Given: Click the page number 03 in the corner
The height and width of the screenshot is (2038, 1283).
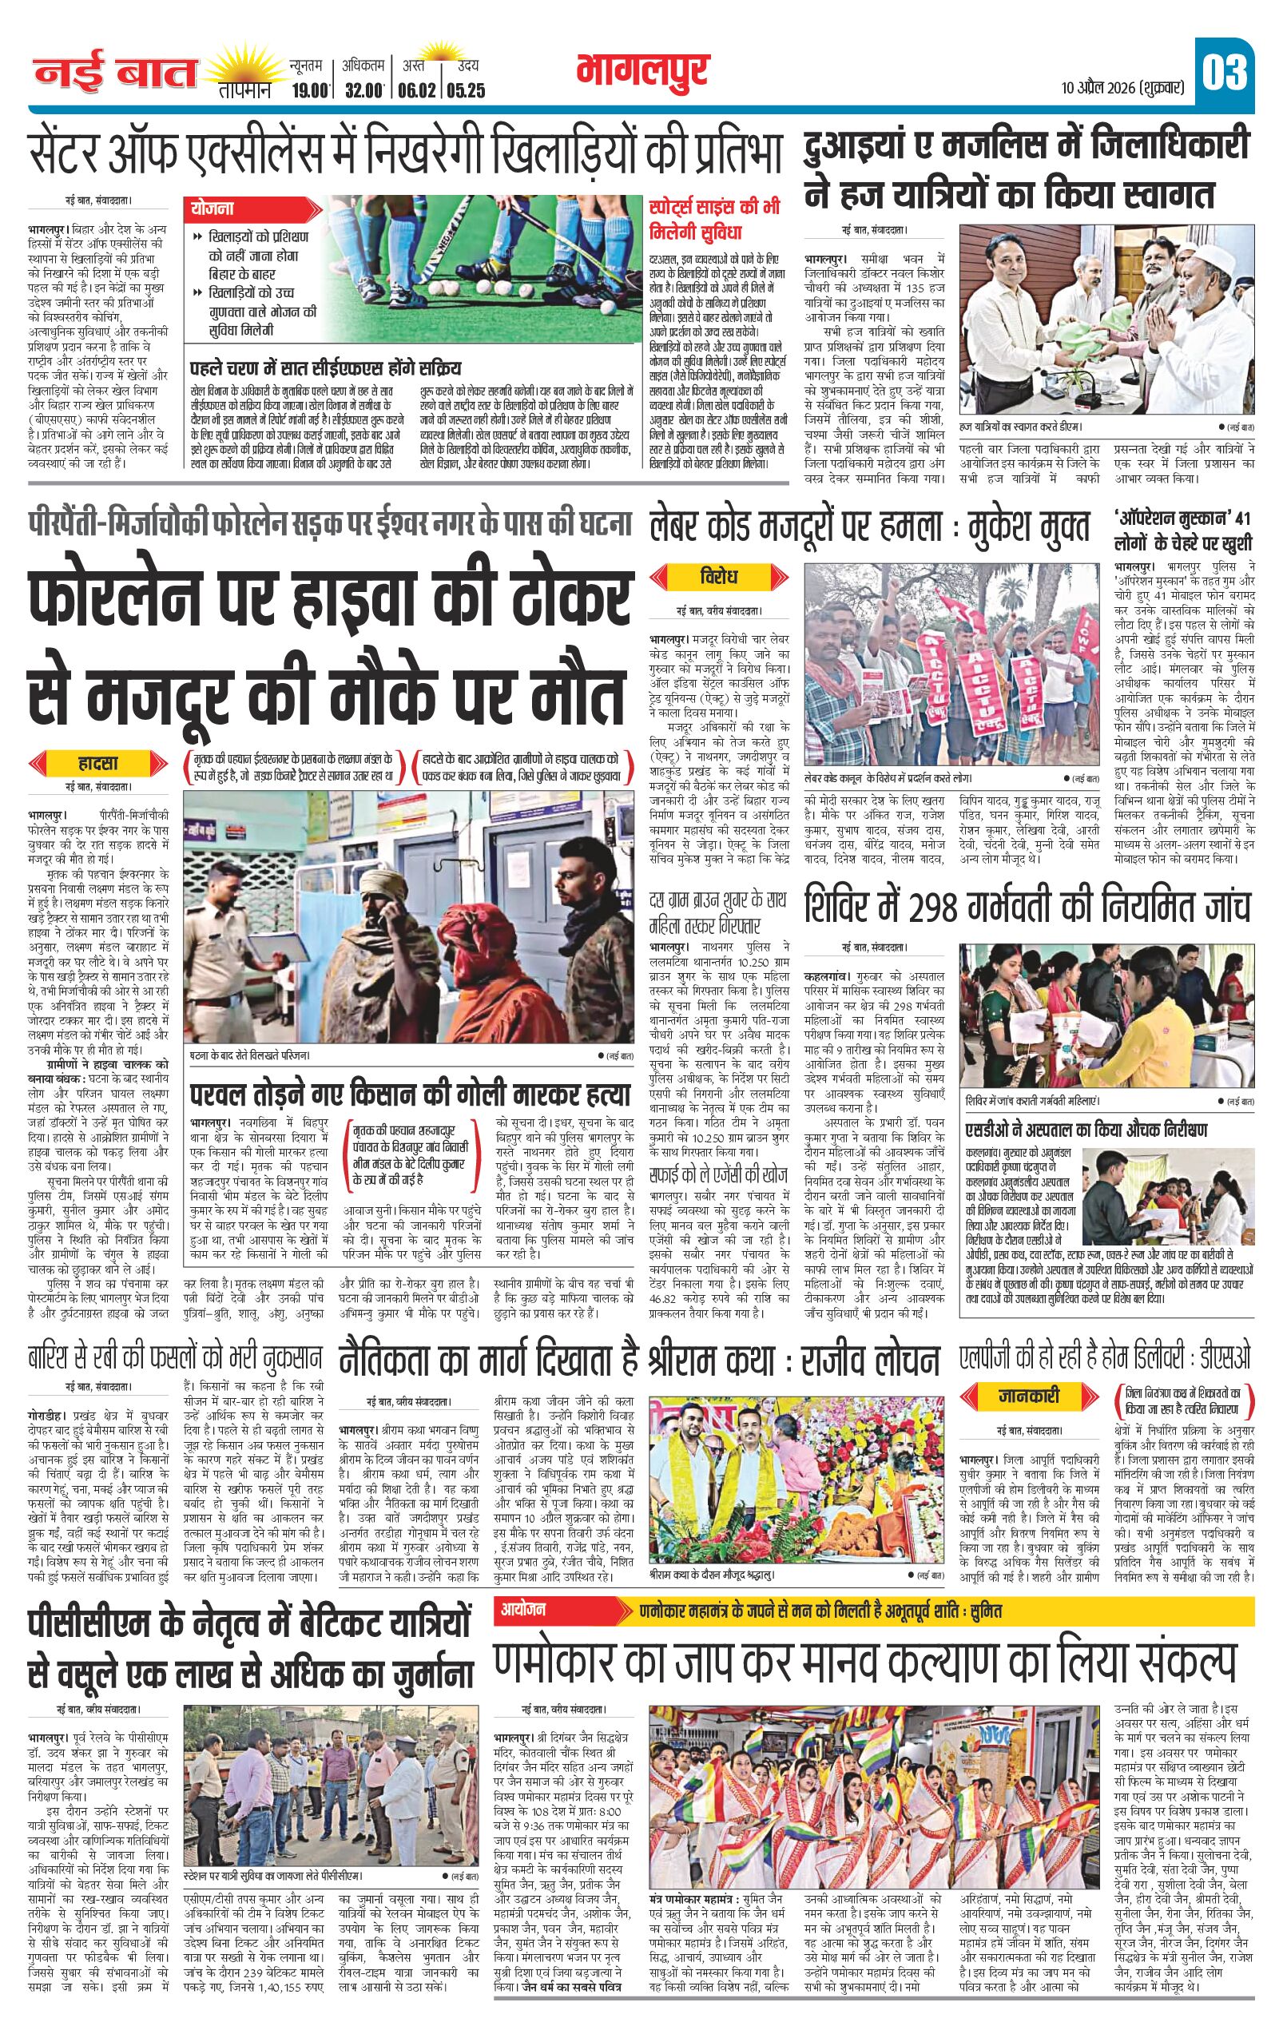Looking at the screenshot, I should click(1225, 73).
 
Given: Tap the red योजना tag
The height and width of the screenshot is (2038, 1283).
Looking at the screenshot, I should click(213, 209).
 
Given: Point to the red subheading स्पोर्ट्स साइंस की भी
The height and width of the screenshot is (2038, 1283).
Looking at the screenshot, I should click(714, 208).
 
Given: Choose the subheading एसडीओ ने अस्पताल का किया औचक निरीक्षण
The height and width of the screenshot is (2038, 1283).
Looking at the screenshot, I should click(1087, 1130).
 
